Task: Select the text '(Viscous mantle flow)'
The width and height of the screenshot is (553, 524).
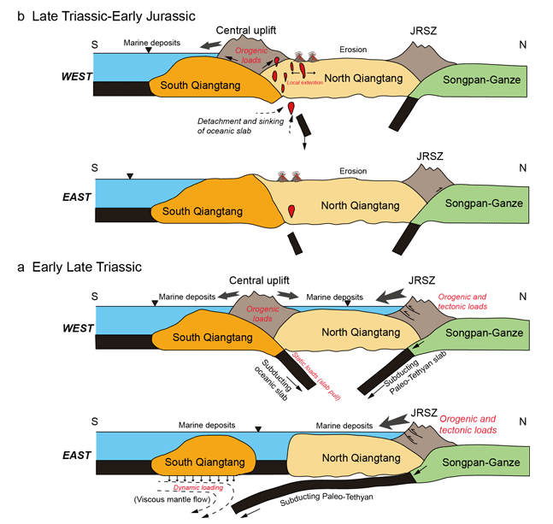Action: (x=167, y=499)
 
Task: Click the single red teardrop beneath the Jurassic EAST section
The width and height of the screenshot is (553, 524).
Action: (x=292, y=210)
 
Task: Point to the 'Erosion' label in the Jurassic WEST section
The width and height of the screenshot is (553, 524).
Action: (x=352, y=50)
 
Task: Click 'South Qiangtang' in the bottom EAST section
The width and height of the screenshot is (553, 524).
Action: (x=201, y=462)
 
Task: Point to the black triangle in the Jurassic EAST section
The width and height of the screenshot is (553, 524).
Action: (x=130, y=176)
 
